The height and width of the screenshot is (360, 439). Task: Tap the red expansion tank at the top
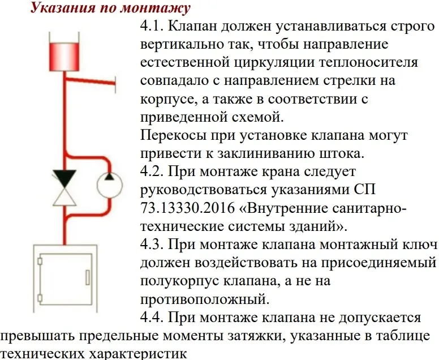[64, 57]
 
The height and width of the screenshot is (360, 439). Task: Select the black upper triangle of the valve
[64, 178]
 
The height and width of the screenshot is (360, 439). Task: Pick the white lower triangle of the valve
[64, 196]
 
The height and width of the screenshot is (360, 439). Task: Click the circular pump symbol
[110, 186]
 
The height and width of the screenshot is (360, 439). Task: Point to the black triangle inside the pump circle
[110, 176]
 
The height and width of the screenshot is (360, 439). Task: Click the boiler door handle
[88, 277]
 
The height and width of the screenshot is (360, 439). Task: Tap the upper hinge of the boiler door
[40, 262]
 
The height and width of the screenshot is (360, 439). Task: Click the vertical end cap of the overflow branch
[114, 83]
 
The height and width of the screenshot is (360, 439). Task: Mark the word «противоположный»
[205, 299]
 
